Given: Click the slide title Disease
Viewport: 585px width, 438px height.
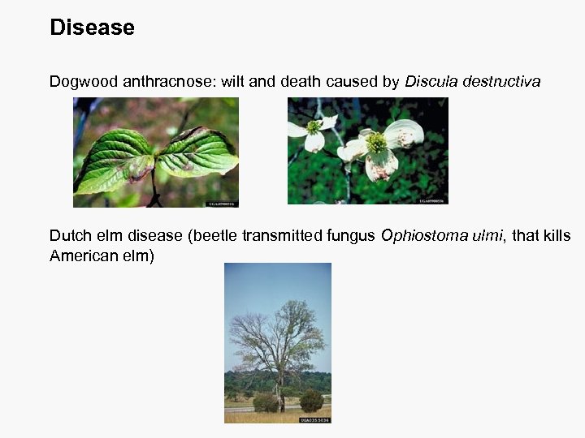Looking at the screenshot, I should (92, 28).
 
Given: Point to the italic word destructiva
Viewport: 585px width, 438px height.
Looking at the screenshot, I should (500, 82).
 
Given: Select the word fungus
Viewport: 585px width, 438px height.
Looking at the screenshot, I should (352, 236).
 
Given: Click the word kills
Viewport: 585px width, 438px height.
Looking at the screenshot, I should (556, 236).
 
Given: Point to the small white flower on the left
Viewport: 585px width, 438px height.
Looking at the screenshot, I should (312, 134).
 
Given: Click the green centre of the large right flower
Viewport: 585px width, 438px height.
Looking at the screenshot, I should (376, 143).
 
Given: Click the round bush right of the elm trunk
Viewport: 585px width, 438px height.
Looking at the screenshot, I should (311, 401).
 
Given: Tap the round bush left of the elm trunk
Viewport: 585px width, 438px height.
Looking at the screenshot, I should (265, 402).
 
